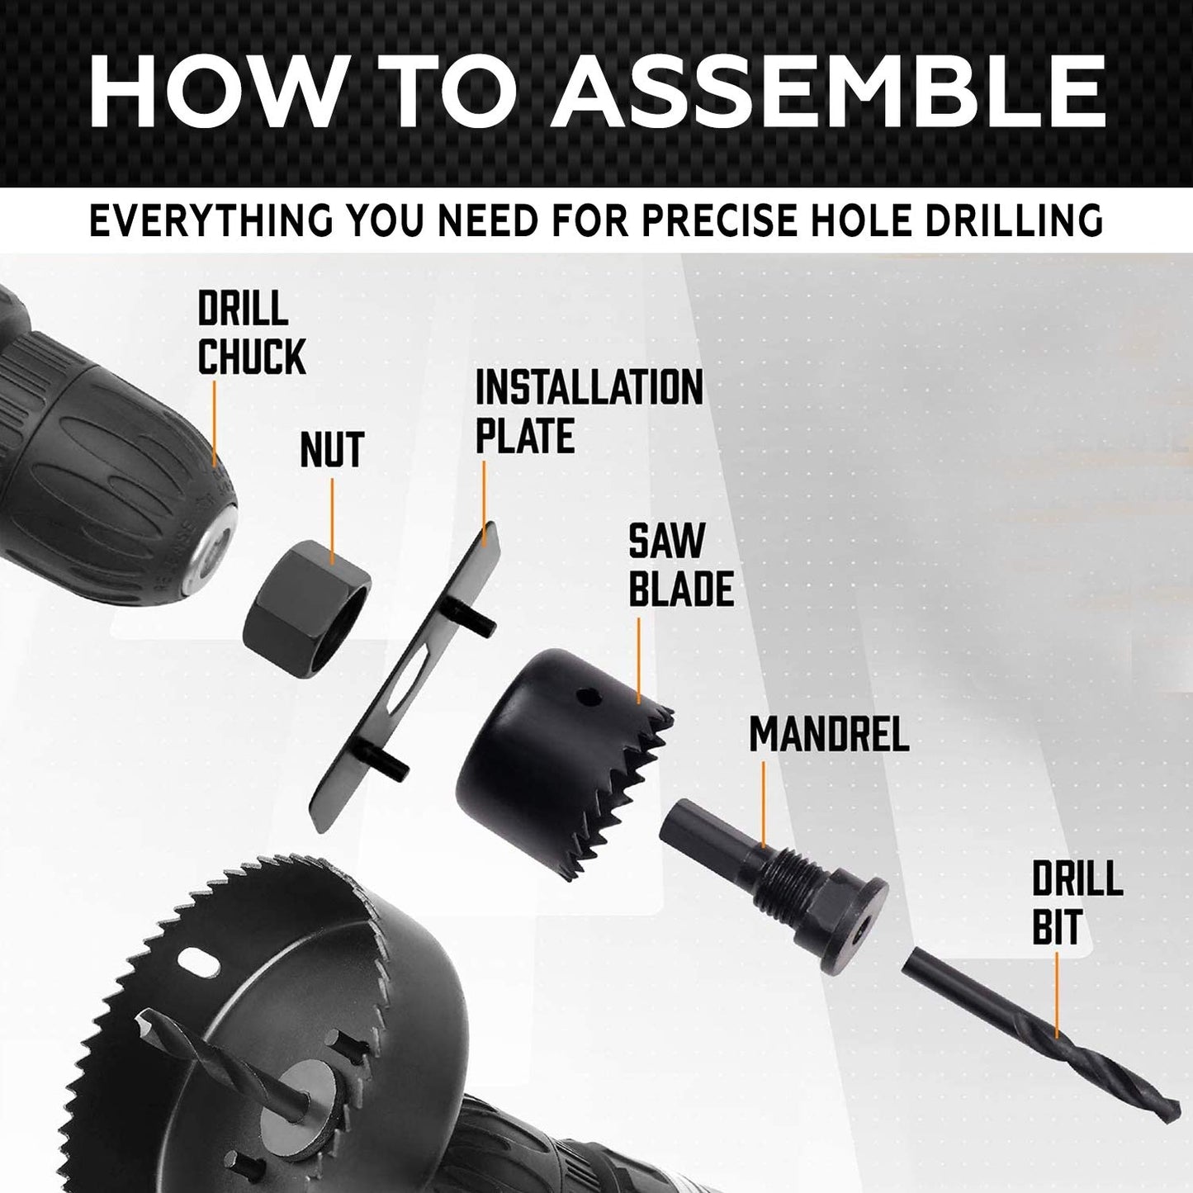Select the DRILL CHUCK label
click(251, 334)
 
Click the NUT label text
click(332, 451)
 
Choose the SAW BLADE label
click(681, 566)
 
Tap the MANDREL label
click(829, 734)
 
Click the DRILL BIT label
click(1077, 903)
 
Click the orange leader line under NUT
click(332, 520)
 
